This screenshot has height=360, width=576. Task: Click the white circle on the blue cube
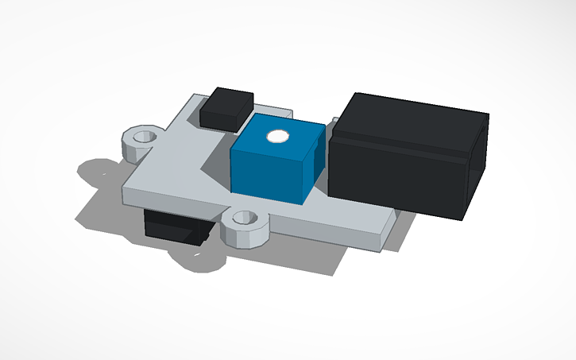(277, 136)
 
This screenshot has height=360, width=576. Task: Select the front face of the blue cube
(268, 174)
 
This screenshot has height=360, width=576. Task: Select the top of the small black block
(228, 100)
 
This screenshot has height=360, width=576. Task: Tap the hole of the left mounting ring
(143, 137)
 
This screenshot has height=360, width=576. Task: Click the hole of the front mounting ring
(245, 216)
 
